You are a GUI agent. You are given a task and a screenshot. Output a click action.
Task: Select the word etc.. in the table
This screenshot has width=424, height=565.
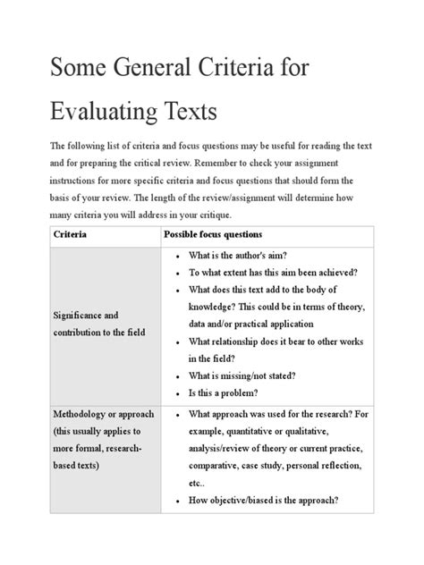pos(199,484)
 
